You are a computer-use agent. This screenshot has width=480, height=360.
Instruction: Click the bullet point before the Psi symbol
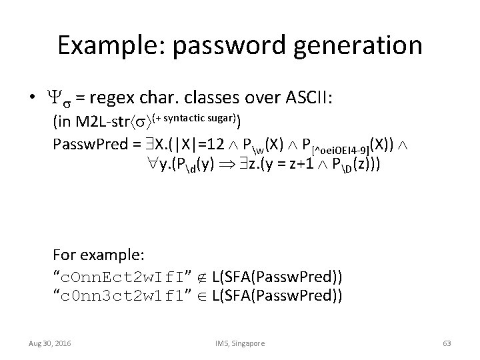(x=32, y=99)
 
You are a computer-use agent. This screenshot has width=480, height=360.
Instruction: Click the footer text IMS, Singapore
(x=240, y=343)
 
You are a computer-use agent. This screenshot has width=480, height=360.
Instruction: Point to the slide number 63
(x=447, y=343)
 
